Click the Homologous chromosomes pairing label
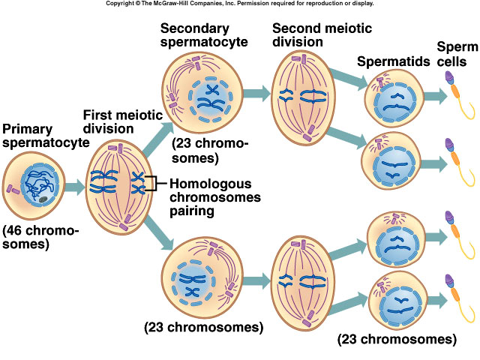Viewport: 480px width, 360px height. click(215, 197)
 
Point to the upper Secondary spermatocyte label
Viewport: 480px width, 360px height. click(204, 34)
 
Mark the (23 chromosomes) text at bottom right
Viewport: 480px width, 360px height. click(397, 339)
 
